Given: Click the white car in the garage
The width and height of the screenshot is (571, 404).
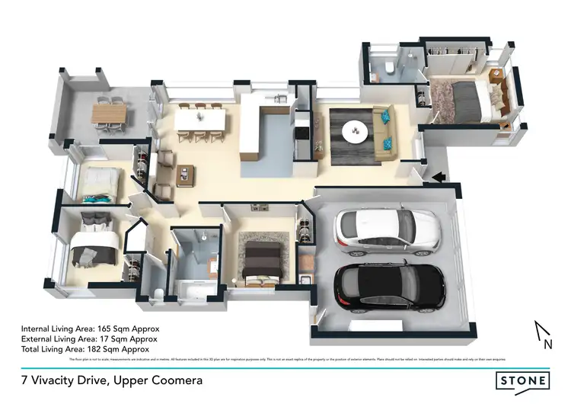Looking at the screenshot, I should click(x=387, y=232).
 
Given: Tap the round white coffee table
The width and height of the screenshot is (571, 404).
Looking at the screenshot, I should click(x=356, y=132).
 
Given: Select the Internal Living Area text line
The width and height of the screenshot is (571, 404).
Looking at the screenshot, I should click(x=91, y=329).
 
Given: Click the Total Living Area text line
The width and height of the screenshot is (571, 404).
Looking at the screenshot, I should click(x=86, y=348).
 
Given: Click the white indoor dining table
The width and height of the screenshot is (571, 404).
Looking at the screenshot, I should click(x=199, y=121).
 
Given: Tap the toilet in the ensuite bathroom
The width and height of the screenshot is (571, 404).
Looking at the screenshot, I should click(x=388, y=69).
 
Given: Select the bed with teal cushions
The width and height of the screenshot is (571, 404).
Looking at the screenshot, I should click(x=100, y=185).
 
